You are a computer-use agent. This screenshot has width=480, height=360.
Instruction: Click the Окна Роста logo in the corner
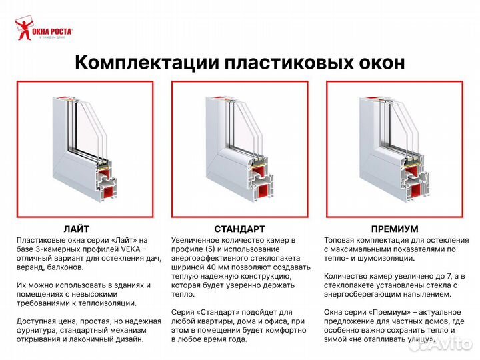point(43,29)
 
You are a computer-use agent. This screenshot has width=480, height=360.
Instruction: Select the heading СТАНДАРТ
point(239,228)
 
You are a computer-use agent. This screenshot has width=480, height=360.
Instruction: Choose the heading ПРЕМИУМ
point(395,228)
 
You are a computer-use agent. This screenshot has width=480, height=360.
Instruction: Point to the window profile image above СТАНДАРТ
point(239,149)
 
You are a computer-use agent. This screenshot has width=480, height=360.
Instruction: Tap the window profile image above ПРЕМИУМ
point(395,149)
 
